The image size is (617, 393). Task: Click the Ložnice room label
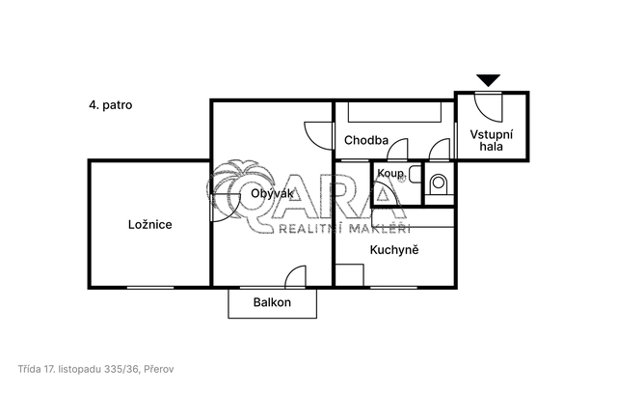click(150, 225)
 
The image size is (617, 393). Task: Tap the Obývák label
click(272, 193)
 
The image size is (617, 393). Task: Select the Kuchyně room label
click(394, 250)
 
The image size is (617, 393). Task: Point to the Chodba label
click(366, 140)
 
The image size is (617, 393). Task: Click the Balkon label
click(272, 302)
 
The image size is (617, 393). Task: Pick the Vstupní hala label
click(491, 140)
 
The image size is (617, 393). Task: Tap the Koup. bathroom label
click(390, 173)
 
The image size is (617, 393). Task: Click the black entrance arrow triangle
click(488, 80)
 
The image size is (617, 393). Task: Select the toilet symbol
click(439, 183)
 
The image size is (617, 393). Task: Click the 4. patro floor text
click(111, 105)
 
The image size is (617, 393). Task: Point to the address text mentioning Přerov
click(95, 370)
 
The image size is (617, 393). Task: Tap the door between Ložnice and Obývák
click(226, 208)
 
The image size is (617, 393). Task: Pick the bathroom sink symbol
click(415, 175)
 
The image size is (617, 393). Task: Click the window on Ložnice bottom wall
click(150, 288)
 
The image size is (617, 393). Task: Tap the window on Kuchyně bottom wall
click(393, 288)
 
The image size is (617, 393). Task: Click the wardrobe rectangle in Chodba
click(394, 112)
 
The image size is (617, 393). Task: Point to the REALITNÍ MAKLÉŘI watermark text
click(345, 229)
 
